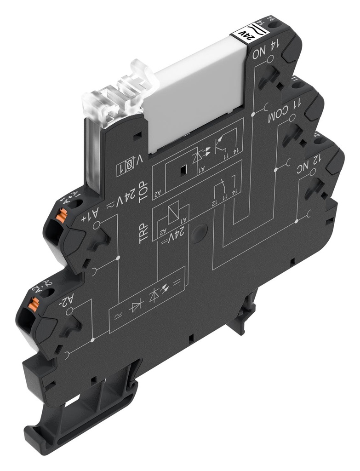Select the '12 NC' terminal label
(x=313, y=164)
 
